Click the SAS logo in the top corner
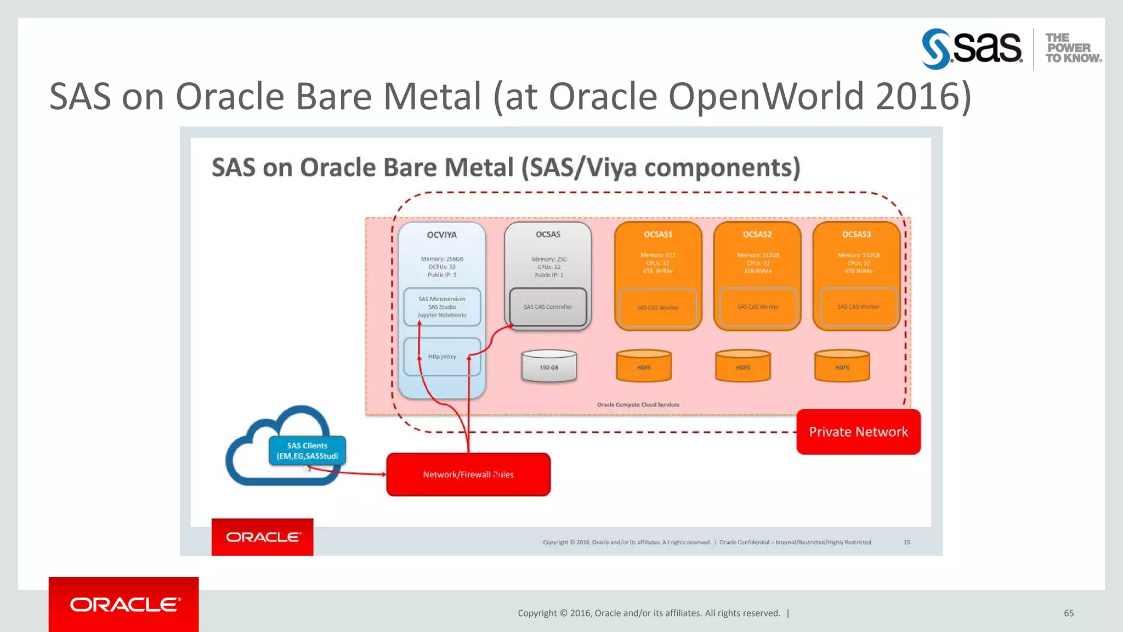972,48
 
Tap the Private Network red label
858,432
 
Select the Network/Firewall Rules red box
468,475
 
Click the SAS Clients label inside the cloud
307,451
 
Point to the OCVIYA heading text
441,235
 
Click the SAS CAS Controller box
548,307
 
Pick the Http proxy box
442,357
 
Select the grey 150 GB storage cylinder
549,366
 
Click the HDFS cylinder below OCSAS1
644,366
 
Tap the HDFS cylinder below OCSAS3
842,366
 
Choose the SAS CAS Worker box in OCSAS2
758,307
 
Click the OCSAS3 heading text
857,234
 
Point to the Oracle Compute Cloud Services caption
638,405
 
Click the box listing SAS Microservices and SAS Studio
442,307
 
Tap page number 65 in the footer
1069,613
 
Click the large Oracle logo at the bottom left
124,605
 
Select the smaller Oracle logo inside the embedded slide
263,537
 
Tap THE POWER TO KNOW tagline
1073,48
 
